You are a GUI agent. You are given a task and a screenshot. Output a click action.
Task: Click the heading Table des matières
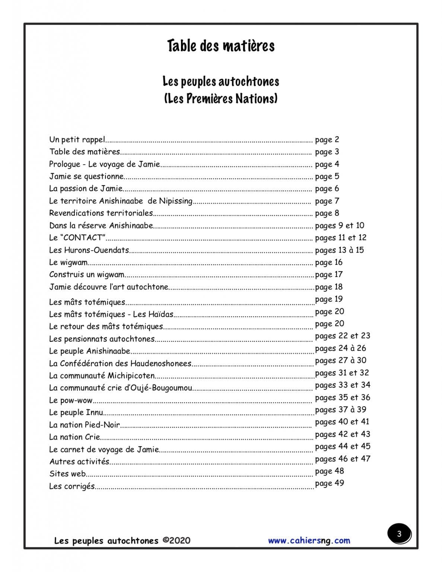click(x=221, y=46)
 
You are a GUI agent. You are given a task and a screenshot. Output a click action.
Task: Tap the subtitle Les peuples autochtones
click(x=221, y=82)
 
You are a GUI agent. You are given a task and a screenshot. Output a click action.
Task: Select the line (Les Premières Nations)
click(x=221, y=99)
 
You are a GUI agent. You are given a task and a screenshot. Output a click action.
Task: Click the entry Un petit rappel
click(x=77, y=140)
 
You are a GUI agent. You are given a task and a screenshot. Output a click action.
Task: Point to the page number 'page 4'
click(x=327, y=164)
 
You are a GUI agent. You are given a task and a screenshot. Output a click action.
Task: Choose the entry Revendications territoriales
click(x=101, y=213)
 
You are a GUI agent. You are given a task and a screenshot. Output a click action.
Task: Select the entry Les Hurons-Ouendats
click(x=89, y=250)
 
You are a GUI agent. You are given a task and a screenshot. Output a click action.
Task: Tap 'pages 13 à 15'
click(x=339, y=250)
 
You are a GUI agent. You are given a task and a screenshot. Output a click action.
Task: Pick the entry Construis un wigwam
click(x=86, y=275)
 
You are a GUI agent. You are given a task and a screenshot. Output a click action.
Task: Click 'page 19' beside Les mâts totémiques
click(x=329, y=299)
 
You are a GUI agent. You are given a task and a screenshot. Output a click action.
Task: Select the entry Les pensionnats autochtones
click(x=102, y=339)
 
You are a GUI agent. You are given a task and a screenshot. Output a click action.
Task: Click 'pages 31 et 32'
click(x=342, y=373)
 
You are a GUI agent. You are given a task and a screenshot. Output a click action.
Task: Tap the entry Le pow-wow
click(x=71, y=400)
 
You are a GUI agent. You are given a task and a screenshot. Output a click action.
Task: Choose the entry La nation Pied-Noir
click(x=84, y=425)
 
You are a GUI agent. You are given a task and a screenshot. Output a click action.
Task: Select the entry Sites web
click(x=67, y=474)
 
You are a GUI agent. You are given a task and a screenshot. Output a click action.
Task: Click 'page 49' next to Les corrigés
click(x=329, y=483)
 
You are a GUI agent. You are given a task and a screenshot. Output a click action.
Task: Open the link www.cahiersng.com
click(x=309, y=540)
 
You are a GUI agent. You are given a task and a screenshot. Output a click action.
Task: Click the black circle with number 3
click(x=399, y=534)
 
